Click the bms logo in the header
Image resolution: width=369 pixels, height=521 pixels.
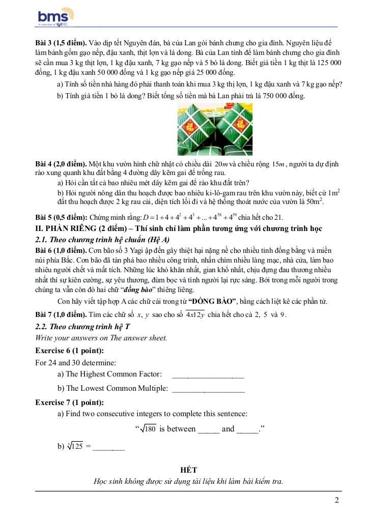coord(52,17)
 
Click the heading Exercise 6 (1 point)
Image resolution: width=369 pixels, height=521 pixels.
coord(69,351)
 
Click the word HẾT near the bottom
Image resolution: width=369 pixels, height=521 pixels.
coord(188,470)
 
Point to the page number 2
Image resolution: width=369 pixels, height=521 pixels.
coord(337,500)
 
